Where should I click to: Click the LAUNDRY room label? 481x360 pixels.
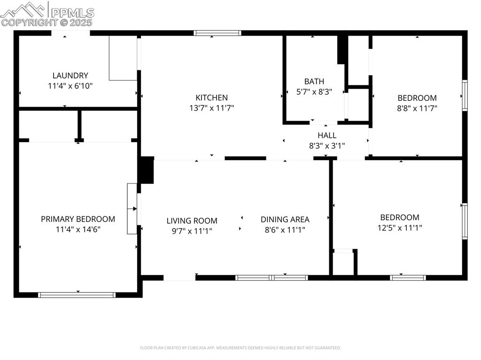click(70, 76)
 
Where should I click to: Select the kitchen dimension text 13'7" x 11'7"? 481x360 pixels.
click(211, 108)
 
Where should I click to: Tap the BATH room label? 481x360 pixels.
click(314, 82)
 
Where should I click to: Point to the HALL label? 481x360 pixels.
click(326, 135)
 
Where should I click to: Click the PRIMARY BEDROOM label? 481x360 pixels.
click(78, 219)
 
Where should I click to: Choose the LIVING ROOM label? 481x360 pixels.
click(192, 221)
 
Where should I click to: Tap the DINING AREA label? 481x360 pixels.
click(285, 220)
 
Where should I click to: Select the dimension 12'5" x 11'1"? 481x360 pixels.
click(400, 228)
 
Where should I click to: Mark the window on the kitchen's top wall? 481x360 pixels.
click(217, 33)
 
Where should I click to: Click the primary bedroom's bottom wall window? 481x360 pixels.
click(77, 295)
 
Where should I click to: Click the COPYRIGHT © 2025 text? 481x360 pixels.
click(47, 22)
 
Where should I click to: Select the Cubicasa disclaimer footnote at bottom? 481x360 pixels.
click(240, 348)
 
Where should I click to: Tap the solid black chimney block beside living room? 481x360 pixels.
click(147, 170)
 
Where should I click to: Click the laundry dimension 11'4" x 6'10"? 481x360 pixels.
click(70, 86)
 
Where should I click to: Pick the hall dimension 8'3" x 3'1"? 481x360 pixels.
click(326, 146)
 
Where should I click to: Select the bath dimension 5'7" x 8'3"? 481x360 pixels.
click(314, 92)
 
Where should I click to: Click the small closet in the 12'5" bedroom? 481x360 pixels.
click(343, 263)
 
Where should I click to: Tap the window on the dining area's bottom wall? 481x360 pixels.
click(272, 278)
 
